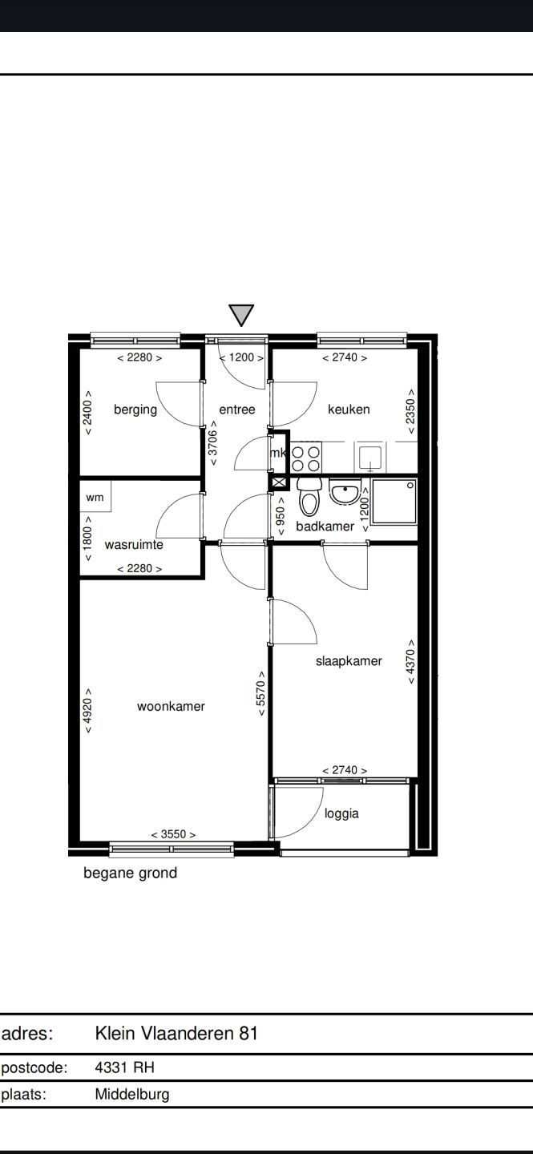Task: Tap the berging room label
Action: coord(135,410)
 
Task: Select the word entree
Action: coord(237,410)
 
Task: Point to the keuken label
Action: coord(349,410)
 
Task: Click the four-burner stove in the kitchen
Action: coord(306,458)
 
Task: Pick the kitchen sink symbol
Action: coord(370,458)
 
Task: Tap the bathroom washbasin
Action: coord(345,493)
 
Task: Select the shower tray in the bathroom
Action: coord(394,502)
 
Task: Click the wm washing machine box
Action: coord(95,497)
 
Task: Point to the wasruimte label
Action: coord(134,545)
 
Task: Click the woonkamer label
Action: coord(172,706)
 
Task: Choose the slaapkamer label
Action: coord(349,661)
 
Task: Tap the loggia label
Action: coord(341,814)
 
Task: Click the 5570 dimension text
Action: coord(261,693)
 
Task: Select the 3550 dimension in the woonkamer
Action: coord(173,834)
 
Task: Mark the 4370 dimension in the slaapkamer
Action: coord(411,661)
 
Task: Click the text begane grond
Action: coord(131,874)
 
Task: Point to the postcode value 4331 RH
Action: coord(125,1067)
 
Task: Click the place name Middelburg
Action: coord(132,1094)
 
